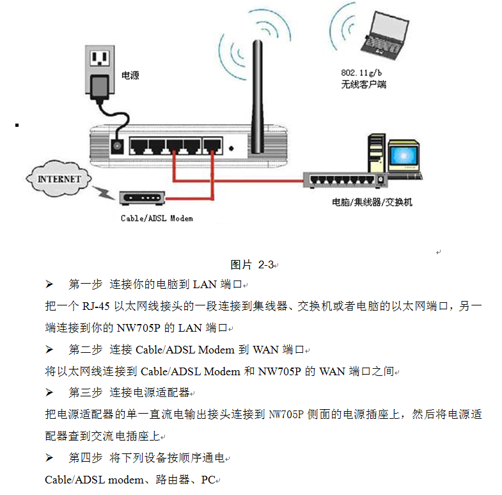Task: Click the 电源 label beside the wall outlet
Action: [x=130, y=76]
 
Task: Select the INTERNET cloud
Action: [x=59, y=177]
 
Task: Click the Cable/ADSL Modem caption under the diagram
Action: [x=157, y=218]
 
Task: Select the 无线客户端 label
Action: [x=364, y=85]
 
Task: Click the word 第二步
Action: [x=86, y=350]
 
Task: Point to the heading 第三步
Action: [x=86, y=392]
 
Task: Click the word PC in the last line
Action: [x=208, y=479]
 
